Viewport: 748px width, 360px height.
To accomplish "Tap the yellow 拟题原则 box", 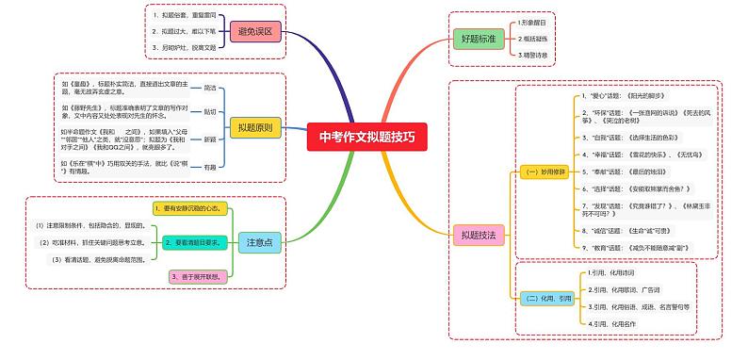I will point(255,126).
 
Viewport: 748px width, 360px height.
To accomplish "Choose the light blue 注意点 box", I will point(259,242).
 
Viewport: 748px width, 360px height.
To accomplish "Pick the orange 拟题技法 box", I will point(478,233).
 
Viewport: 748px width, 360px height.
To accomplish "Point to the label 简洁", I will point(210,87).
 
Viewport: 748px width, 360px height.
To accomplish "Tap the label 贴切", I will point(210,112).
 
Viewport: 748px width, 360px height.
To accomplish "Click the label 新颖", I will point(210,139).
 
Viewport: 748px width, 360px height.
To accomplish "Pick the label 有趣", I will point(210,167).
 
